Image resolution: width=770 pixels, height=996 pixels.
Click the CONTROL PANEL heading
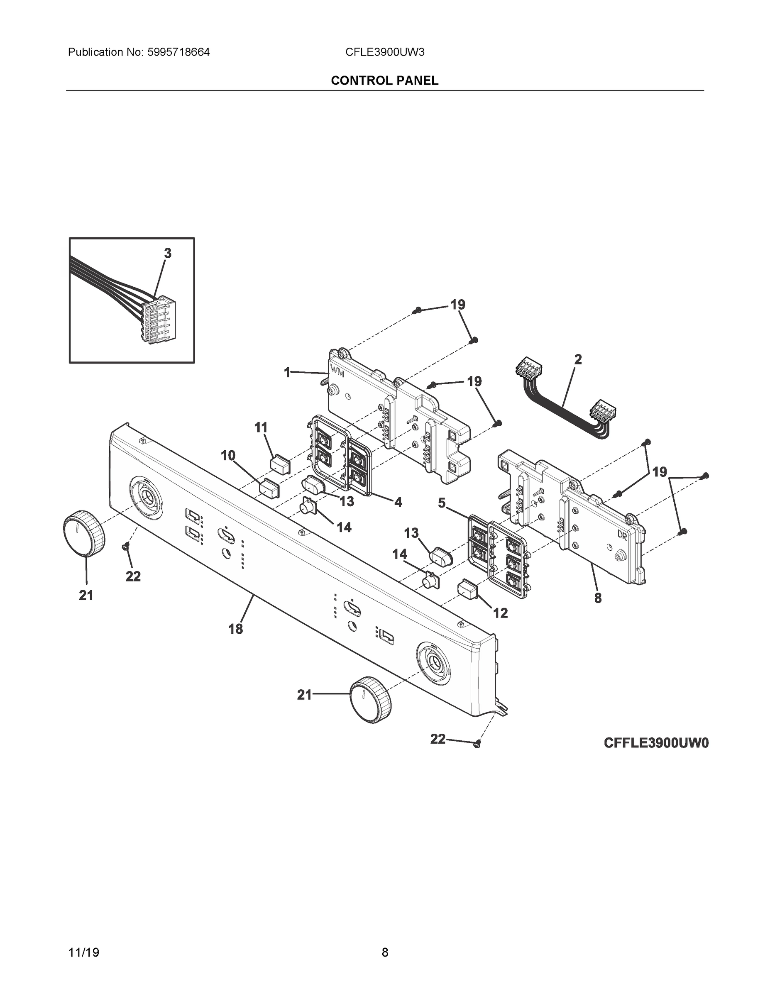pos(384,81)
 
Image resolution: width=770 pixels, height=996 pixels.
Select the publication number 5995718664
pos(178,52)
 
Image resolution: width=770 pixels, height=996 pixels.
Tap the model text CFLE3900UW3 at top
pos(384,52)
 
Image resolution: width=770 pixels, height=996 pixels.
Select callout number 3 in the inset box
pos(167,254)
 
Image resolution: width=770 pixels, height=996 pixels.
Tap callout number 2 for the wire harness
pos(577,360)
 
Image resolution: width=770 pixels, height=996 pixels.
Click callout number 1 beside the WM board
pos(287,373)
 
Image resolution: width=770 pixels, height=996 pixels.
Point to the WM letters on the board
pos(337,372)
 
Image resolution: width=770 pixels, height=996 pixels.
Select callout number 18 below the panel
pos(235,629)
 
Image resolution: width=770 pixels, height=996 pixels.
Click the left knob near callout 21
pos(83,533)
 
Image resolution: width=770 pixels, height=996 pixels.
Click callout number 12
pos(501,613)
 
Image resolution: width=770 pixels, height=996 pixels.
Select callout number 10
pos(228,455)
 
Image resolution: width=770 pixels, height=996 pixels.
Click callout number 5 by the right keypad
pos(442,503)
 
